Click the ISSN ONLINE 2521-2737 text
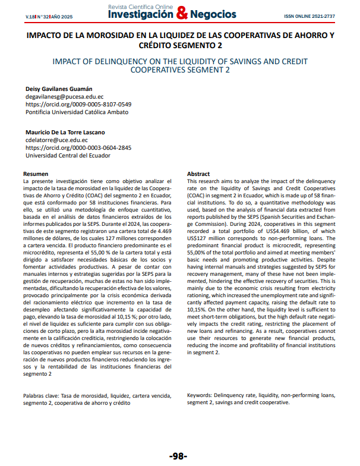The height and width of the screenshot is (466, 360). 309,16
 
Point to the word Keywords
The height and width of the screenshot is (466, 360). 199,395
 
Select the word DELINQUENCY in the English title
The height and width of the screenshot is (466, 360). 119,61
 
